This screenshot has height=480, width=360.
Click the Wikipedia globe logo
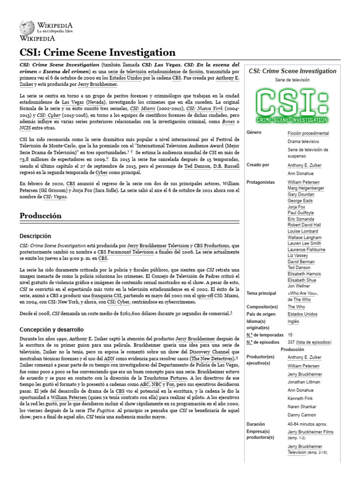point(27,27)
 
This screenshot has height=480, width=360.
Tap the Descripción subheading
point(35,236)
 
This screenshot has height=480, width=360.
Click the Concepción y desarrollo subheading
point(51,330)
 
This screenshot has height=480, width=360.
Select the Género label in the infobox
point(254,133)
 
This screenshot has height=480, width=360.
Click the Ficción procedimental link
point(308,133)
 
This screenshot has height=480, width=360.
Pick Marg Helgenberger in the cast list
point(306,188)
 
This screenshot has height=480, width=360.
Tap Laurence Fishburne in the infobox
point(307,250)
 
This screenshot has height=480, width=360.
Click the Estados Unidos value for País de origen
point(303,314)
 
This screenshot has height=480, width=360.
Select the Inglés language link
point(293,322)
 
